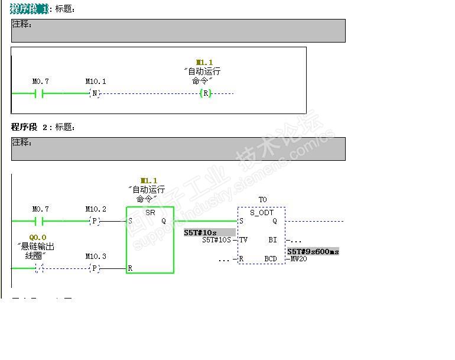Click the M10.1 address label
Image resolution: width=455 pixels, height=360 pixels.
pyautogui.click(x=95, y=82)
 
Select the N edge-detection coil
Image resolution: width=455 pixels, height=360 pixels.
pyautogui.click(x=95, y=93)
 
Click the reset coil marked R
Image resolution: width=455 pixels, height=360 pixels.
pyautogui.click(x=205, y=93)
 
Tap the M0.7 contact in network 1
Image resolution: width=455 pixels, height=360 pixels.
pyautogui.click(x=40, y=93)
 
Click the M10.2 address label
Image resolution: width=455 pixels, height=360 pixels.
pyautogui.click(x=95, y=209)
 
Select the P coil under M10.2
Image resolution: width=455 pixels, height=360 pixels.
pyautogui.click(x=95, y=221)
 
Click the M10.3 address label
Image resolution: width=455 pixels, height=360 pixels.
pyautogui.click(x=95, y=257)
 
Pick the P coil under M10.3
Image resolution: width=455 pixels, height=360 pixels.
pyautogui.click(x=95, y=268)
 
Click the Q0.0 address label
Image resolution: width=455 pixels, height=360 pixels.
pyautogui.click(x=38, y=238)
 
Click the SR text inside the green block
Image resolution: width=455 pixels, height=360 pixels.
pyautogui.click(x=150, y=212)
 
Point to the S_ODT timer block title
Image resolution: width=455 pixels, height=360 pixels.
pyautogui.click(x=261, y=212)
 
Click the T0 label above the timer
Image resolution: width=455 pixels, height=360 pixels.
pyautogui.click(x=262, y=200)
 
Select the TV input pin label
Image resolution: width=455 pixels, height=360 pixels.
pyautogui.click(x=243, y=240)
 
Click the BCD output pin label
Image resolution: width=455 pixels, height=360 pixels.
pyautogui.click(x=270, y=259)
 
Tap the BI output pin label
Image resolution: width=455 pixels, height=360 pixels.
pyautogui.click(x=272, y=240)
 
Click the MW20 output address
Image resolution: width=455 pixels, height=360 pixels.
pyautogui.click(x=298, y=259)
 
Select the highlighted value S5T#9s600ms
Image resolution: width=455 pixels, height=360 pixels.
pyautogui.click(x=313, y=251)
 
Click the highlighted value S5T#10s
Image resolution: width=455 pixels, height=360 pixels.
pyautogui.click(x=201, y=232)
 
